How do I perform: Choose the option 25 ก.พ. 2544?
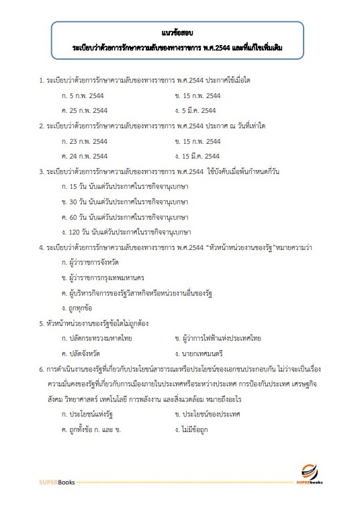(x=88, y=110)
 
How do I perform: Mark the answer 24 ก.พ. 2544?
(x=88, y=155)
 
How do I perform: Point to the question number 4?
(x=41, y=247)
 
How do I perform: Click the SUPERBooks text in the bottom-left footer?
(x=56, y=482)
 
